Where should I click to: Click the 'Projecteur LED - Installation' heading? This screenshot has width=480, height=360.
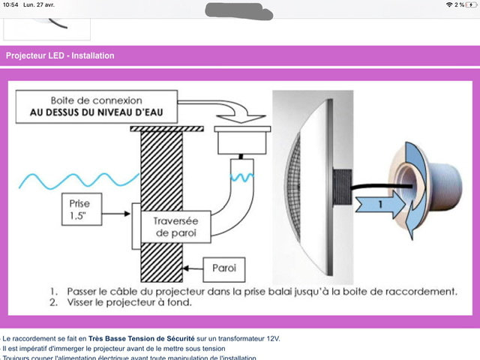tap(60, 55)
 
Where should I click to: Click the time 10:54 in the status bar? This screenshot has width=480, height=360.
tap(10, 5)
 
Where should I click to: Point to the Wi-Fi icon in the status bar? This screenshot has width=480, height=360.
tap(448, 5)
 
